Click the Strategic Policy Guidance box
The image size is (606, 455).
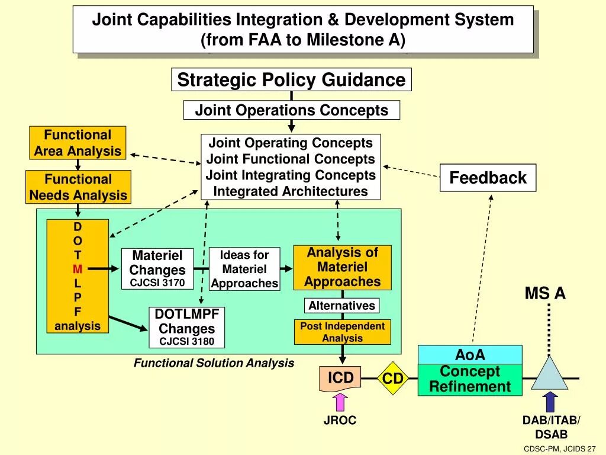click(x=291, y=79)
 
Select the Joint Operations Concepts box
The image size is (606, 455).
click(x=291, y=110)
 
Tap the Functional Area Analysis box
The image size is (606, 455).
click(x=78, y=143)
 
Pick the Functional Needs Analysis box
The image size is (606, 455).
click(x=78, y=187)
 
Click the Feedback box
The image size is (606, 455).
click(x=488, y=178)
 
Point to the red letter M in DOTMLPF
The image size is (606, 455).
click(x=78, y=269)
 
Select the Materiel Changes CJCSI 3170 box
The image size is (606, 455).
click(x=157, y=269)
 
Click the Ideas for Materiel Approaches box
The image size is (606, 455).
click(x=244, y=270)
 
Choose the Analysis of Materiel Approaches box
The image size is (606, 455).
click(x=342, y=267)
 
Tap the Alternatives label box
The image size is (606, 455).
click(x=342, y=306)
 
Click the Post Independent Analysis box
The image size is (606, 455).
click(x=342, y=332)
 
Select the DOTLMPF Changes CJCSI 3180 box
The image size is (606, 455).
click(x=186, y=327)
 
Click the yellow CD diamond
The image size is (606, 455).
click(x=393, y=378)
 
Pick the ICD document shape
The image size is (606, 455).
click(x=340, y=379)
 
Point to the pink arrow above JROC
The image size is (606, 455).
click(x=340, y=403)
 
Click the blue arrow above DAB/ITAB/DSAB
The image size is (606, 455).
click(x=550, y=402)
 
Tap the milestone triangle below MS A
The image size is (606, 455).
click(x=549, y=374)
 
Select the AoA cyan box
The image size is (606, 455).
click(x=470, y=355)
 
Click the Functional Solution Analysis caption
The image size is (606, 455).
click(x=214, y=363)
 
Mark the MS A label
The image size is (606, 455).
click(x=545, y=293)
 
